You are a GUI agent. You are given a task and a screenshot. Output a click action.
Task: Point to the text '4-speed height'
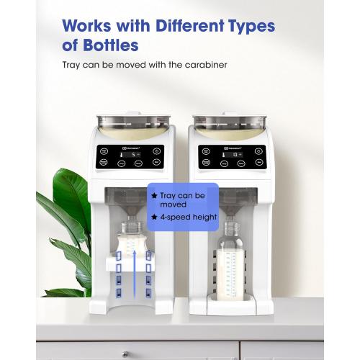pyautogui.click(x=188, y=217)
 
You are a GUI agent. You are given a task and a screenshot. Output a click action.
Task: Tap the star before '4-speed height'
pyautogui.click(x=153, y=217)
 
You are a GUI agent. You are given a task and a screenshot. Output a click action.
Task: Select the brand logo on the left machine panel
pyautogui.click(x=130, y=147)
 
